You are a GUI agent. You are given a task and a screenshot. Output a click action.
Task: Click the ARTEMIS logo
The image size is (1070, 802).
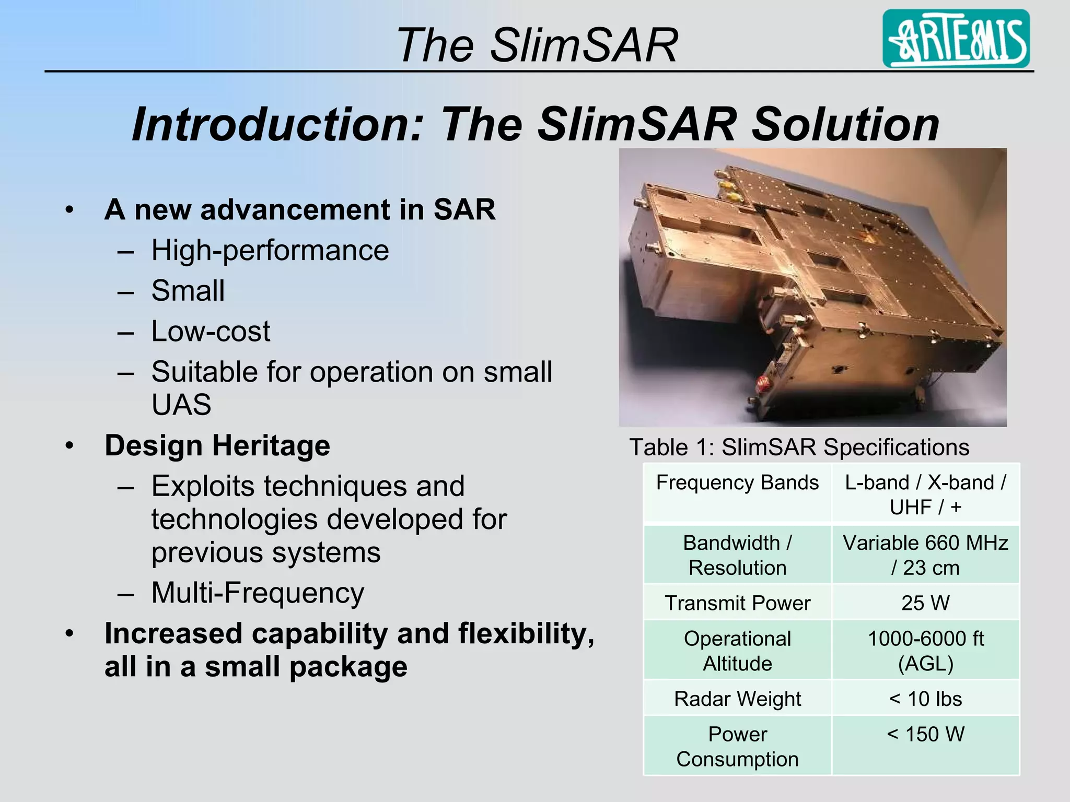point(956,39)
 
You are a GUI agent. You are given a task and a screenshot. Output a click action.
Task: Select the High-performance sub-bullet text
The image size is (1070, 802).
point(270,250)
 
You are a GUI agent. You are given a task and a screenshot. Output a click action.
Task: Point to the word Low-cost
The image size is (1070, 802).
point(211,331)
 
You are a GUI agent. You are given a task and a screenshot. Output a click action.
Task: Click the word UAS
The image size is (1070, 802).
point(181,405)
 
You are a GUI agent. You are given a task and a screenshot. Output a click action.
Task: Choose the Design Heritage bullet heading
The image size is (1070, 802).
point(217,445)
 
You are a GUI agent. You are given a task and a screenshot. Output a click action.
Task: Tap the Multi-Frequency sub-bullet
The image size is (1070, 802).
point(258,593)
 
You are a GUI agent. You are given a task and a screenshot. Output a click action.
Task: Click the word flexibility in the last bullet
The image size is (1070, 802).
point(525,633)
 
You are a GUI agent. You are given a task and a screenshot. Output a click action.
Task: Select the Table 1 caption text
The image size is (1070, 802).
point(799,447)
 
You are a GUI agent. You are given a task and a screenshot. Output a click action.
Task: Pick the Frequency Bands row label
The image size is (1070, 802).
point(737,483)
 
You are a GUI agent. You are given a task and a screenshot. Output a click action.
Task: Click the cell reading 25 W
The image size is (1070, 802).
point(925,603)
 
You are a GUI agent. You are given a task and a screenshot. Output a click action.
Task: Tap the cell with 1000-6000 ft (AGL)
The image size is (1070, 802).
point(925,651)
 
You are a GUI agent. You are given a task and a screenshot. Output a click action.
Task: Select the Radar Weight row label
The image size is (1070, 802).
point(737,699)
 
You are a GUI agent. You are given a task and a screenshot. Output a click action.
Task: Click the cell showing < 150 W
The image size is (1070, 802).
point(925,734)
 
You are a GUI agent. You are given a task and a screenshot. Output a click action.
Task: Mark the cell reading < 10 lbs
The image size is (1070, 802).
point(925,699)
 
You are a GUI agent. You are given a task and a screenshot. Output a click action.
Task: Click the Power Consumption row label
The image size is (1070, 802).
point(737,747)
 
